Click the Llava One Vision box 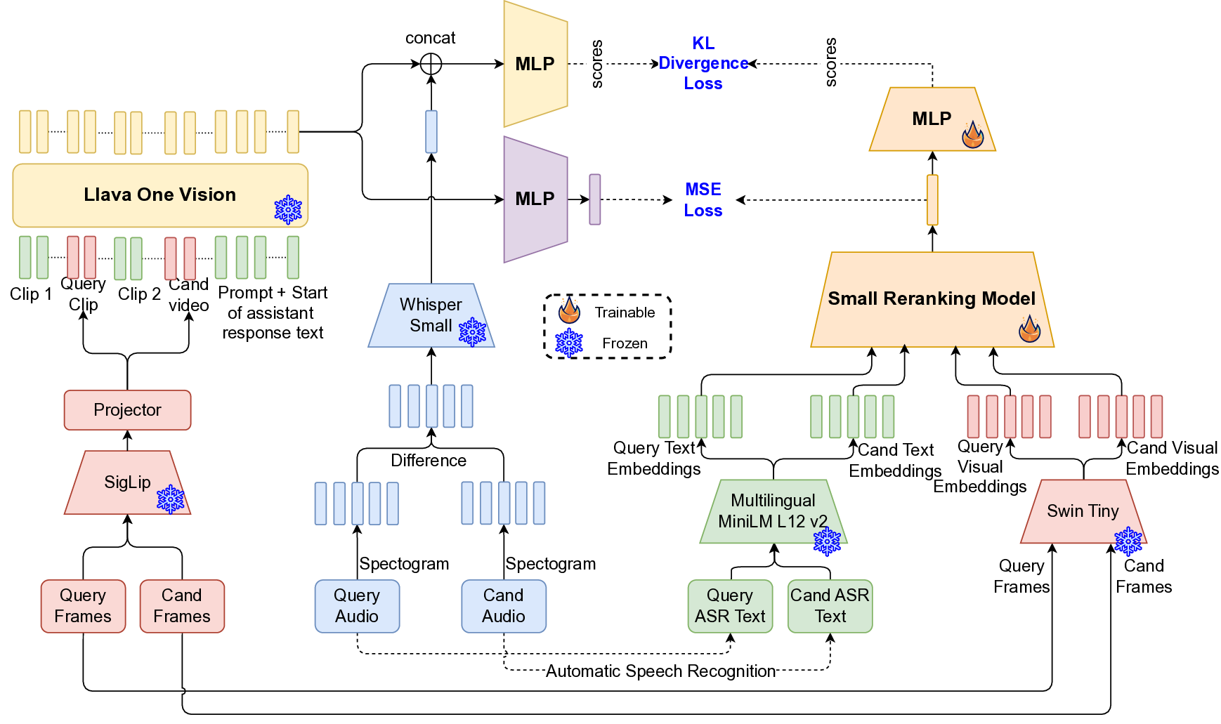pyautogui.click(x=160, y=195)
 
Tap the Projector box pyautogui.click(x=127, y=410)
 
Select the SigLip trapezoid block pyautogui.click(x=127, y=482)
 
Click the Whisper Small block pyautogui.click(x=431, y=316)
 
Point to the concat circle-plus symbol pyautogui.click(x=431, y=64)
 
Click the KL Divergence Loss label pyautogui.click(x=703, y=63)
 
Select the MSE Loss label pyautogui.click(x=703, y=199)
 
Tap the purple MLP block pyautogui.click(x=535, y=199)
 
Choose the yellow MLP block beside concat pyautogui.click(x=535, y=64)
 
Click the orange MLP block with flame pyautogui.click(x=932, y=119)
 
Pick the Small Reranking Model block pyautogui.click(x=932, y=299)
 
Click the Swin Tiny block pyautogui.click(x=1083, y=511)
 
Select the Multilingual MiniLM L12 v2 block pyautogui.click(x=773, y=511)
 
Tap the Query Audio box pyautogui.click(x=357, y=606)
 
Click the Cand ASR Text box pyautogui.click(x=830, y=606)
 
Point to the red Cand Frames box pyautogui.click(x=182, y=606)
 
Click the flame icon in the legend pyautogui.click(x=569, y=310)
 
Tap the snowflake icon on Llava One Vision pyautogui.click(x=288, y=209)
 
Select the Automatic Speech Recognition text pyautogui.click(x=660, y=671)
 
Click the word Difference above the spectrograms pyautogui.click(x=429, y=461)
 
